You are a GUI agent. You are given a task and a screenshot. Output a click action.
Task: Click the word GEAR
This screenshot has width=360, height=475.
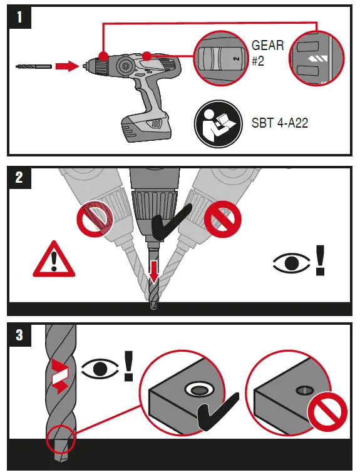[267, 46]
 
